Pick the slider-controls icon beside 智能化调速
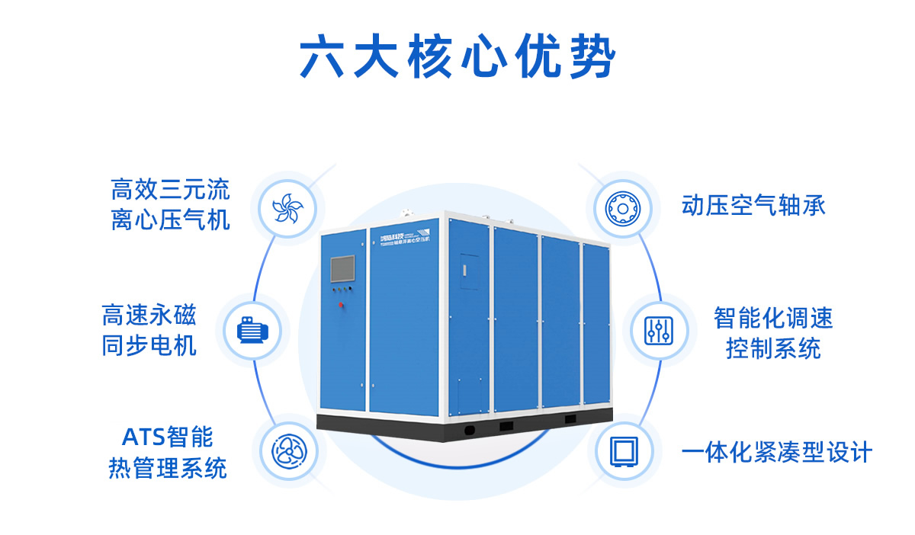657,331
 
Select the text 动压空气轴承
753,206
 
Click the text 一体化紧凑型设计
776,453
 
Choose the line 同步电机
149,346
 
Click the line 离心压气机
170,221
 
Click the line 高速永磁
149,316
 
